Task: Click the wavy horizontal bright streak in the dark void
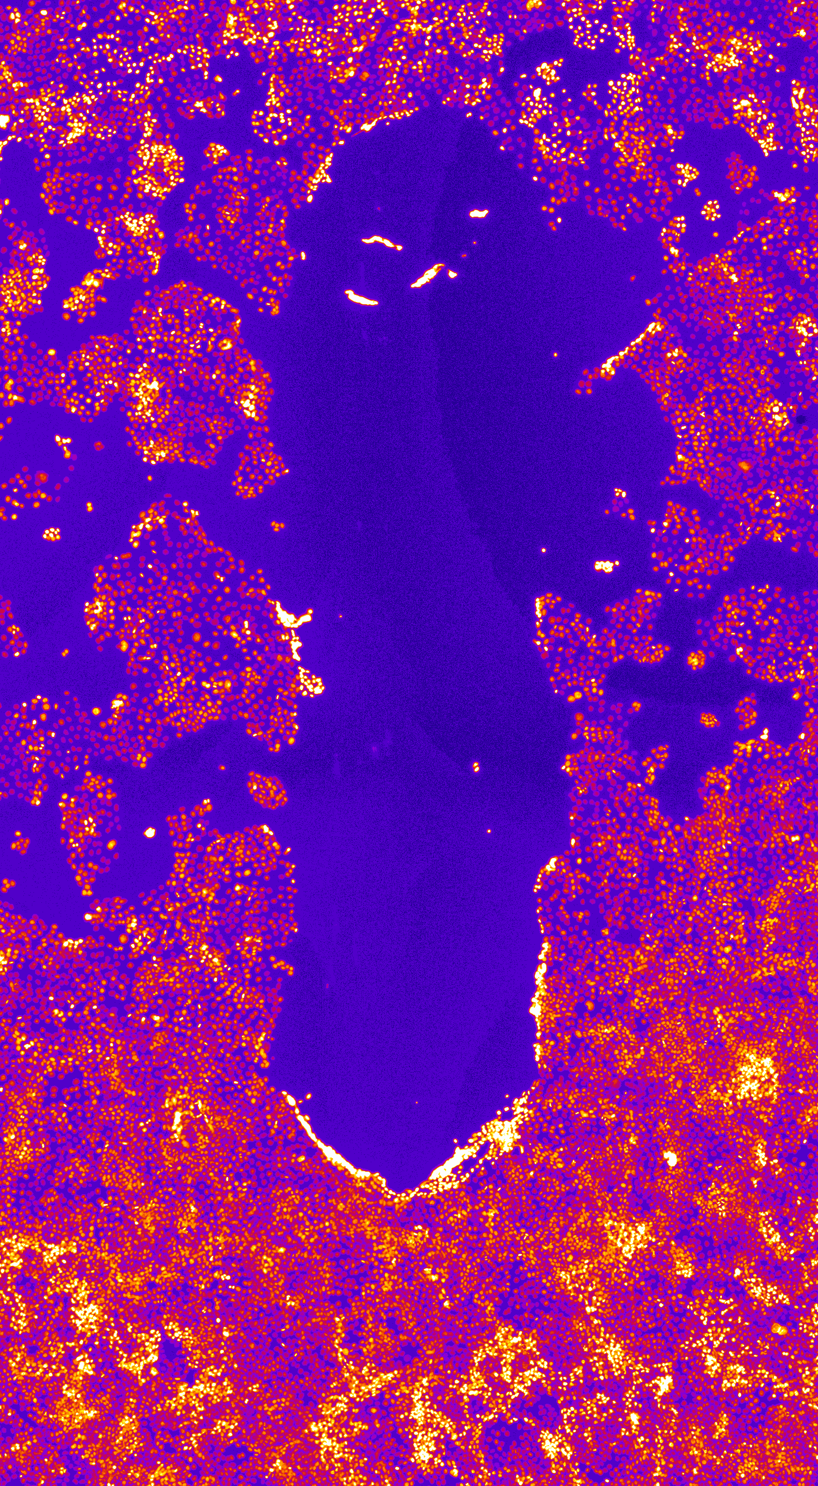coord(381,241)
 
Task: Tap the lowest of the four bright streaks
coord(361,298)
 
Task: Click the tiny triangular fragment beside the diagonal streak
coord(452,273)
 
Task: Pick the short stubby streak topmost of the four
coord(479,213)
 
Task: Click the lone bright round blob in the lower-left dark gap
coord(149,832)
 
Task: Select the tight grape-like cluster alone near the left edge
coord(52,533)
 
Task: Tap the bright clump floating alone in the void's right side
coord(606,566)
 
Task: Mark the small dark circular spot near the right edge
coord(801,419)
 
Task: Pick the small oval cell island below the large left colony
coord(267,790)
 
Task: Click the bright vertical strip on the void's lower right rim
coord(540,981)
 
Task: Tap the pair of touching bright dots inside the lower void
coord(476,767)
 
